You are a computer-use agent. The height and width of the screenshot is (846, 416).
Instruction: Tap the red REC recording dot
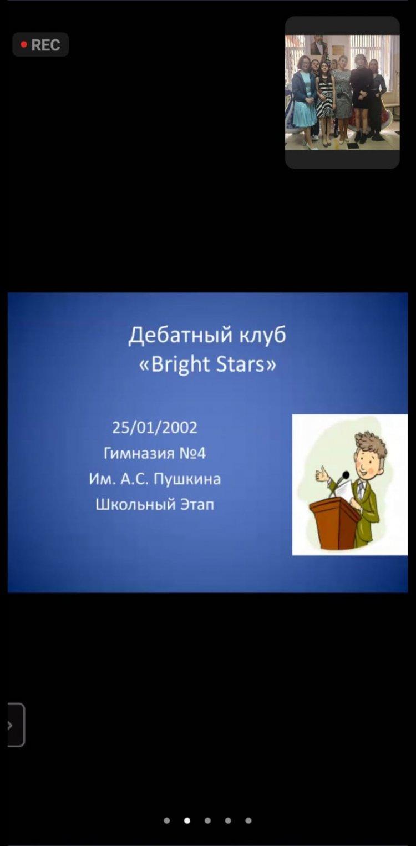24,44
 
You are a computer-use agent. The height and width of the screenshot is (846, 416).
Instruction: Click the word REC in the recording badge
45,45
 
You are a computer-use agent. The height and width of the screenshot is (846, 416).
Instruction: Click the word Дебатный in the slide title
180,336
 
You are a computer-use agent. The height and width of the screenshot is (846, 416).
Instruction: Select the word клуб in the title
262,335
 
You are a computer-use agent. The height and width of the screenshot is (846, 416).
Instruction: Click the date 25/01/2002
155,427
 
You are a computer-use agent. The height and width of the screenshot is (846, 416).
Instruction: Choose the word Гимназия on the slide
139,453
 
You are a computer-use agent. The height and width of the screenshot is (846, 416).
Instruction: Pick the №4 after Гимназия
192,453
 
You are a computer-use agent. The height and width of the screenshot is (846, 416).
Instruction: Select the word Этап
197,505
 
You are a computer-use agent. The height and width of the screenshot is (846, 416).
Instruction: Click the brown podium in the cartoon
334,523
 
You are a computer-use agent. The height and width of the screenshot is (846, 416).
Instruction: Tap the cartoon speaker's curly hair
371,444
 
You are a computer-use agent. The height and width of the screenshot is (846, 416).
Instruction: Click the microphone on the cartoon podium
345,474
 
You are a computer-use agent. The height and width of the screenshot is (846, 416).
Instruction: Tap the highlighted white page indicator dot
187,820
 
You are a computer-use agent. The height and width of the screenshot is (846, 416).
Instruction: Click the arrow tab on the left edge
16,725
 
